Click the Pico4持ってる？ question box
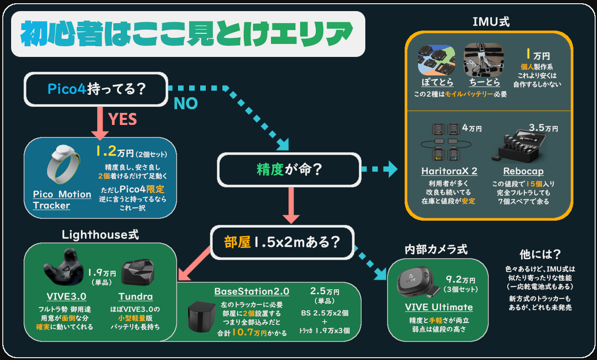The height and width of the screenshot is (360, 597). pos(96,88)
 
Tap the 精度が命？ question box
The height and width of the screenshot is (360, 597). pos(289,170)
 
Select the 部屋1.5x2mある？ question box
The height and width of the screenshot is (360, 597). pos(282,242)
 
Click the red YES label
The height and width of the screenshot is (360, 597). pos(123,119)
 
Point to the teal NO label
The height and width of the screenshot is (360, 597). pos(185,103)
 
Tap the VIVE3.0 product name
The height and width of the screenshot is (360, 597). pos(66,297)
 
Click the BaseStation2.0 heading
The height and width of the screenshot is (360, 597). pos(252,292)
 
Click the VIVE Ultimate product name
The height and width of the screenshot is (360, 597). pos(439,307)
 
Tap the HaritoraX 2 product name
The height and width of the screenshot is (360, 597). pos(449,171)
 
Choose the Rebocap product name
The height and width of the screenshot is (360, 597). pos(523,171)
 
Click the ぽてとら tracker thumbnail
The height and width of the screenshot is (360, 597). pos(436,60)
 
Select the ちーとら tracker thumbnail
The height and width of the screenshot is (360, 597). pos(483,60)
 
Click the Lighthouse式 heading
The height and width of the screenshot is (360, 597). pos(100,235)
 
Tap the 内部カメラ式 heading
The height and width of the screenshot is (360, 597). pos(436,250)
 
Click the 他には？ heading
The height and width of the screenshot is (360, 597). pos(540,254)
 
